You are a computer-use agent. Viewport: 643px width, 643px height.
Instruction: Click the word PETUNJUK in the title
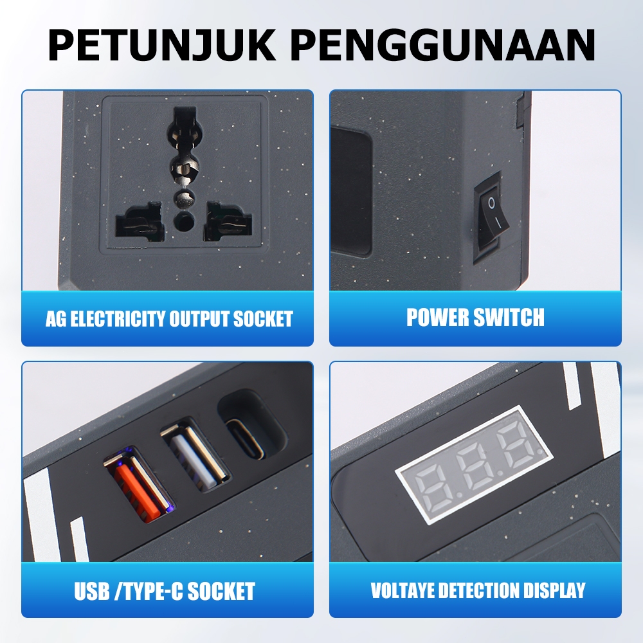162,44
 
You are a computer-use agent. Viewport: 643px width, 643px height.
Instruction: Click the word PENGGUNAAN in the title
445,44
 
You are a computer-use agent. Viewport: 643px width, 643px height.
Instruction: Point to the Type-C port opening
246,439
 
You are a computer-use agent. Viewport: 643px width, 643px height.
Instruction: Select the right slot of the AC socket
227,221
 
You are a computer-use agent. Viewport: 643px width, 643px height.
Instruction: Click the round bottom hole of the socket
184,221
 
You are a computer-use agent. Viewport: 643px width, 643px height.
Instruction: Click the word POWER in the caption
437,318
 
